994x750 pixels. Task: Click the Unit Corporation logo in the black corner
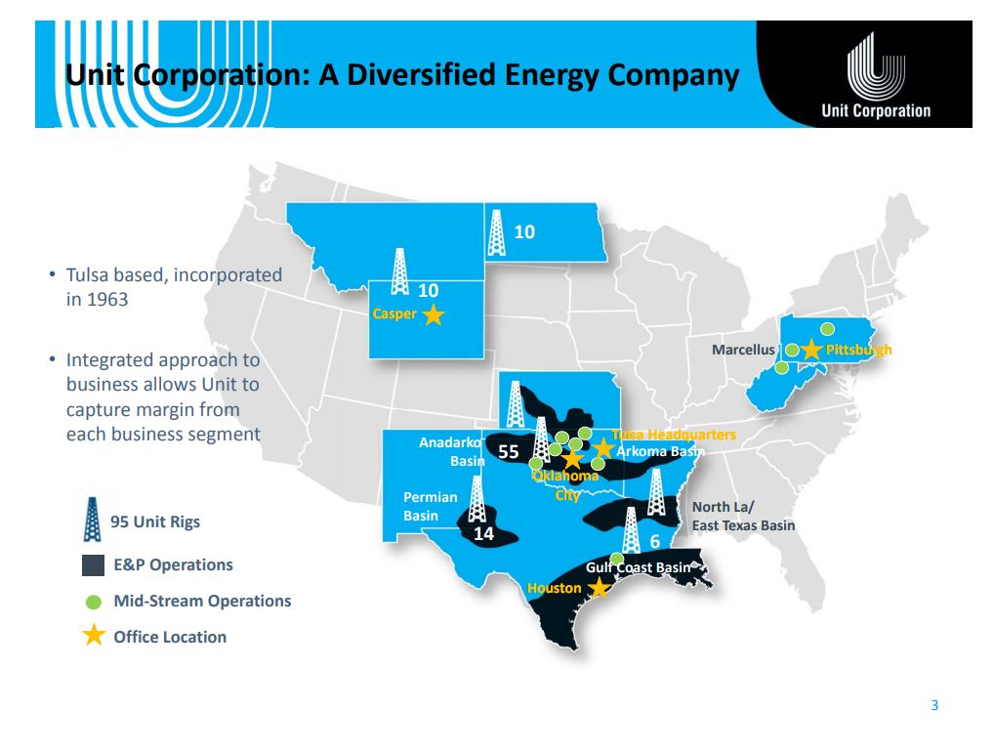tap(876, 75)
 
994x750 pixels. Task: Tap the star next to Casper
tap(434, 314)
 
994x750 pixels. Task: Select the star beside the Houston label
tap(599, 588)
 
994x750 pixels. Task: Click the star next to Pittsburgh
tap(811, 350)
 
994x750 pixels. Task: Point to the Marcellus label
tap(743, 350)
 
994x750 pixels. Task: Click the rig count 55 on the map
tap(509, 451)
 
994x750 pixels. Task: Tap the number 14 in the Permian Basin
tap(483, 534)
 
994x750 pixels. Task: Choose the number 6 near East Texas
tap(655, 541)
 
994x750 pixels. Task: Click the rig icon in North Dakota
tap(497, 232)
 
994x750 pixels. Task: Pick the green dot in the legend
tap(93, 602)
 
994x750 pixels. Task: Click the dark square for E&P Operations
tap(93, 565)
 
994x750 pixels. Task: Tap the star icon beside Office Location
tap(94, 635)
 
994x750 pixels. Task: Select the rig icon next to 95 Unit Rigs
tap(93, 520)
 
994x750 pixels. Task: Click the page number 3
tap(934, 705)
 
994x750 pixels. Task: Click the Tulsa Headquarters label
tap(673, 435)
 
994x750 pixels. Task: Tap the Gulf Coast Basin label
tap(638, 567)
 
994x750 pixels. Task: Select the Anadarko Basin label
tap(451, 451)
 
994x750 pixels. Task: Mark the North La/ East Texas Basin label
tap(743, 516)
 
